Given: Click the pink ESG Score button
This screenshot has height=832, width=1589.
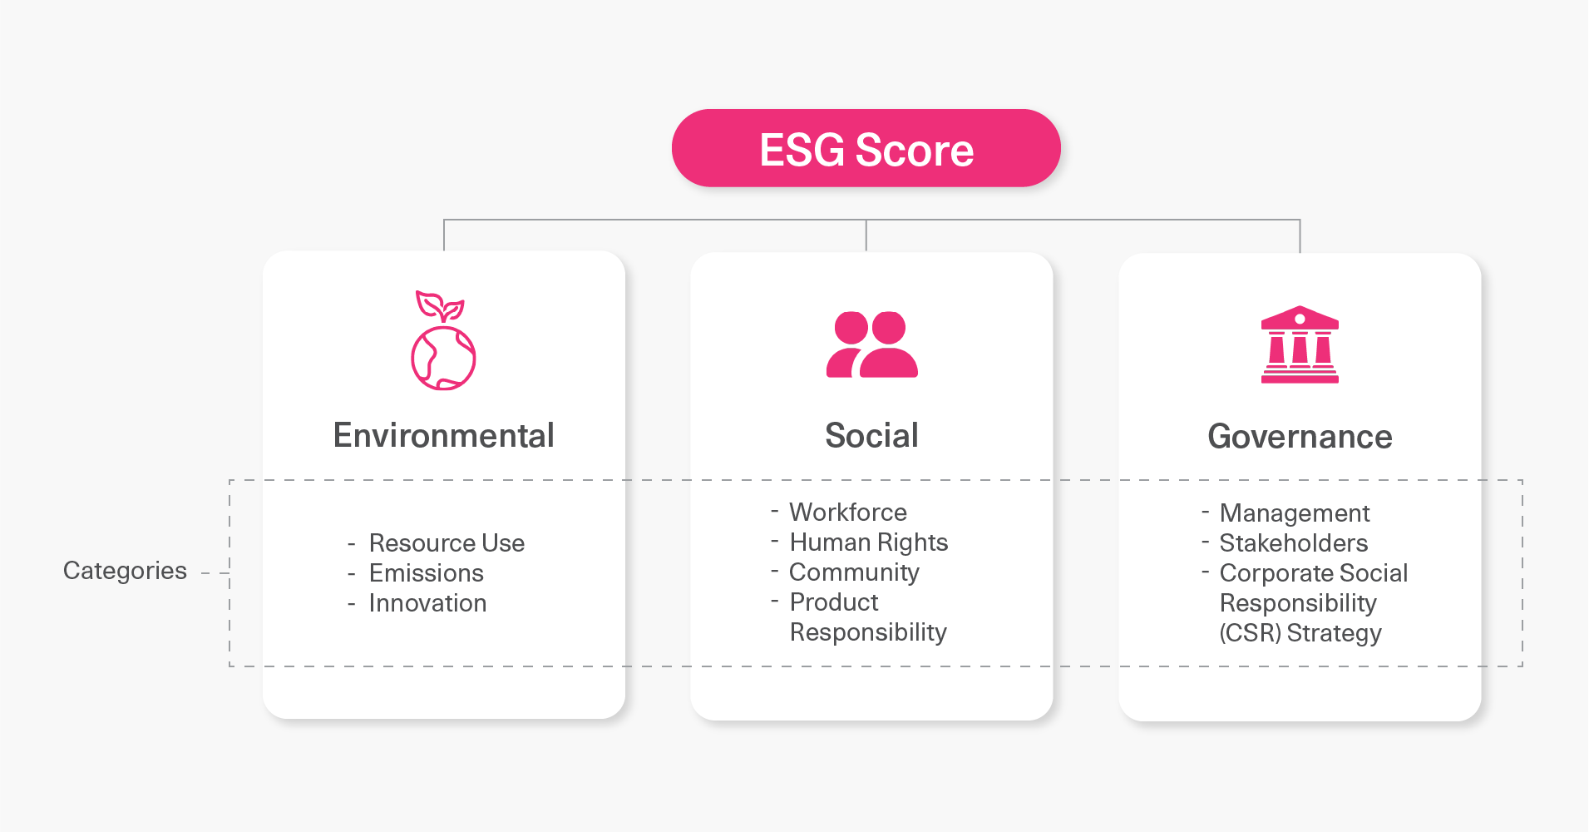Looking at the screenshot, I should (866, 149).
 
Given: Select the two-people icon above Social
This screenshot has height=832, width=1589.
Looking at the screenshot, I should (871, 344).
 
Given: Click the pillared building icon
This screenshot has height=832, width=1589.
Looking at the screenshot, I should (1300, 345).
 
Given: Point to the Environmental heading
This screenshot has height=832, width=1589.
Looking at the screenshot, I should (443, 435).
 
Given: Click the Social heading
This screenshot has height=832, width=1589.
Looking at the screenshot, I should (871, 435).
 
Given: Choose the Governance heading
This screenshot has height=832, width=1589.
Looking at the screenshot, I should (1300, 437).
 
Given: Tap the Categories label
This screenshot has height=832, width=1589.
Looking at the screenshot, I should (125, 571).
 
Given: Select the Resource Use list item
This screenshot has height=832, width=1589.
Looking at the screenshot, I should (447, 543).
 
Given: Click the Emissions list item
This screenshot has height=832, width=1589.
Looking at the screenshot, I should (426, 573).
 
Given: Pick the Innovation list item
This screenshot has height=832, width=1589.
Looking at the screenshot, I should (427, 603).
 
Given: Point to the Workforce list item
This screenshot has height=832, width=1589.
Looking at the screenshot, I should (847, 512).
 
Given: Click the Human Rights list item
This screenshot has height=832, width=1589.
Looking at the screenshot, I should (868, 542).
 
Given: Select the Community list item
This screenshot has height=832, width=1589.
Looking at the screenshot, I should (854, 572).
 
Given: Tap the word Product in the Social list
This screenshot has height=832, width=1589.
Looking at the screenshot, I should (834, 602).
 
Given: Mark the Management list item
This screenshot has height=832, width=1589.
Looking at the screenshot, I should (1294, 513).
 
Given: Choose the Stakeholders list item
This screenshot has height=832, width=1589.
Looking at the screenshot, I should (1293, 543).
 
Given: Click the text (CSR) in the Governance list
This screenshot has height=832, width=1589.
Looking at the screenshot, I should (1250, 633).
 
